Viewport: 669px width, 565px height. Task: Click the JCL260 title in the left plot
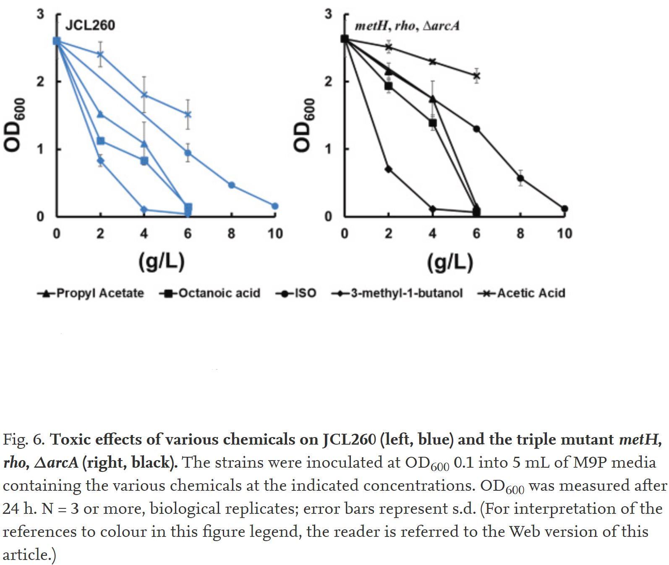coord(90,25)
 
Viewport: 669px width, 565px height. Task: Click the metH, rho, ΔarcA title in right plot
coord(407,26)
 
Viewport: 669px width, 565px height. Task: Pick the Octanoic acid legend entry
coord(210,293)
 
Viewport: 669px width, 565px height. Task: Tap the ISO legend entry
coord(296,293)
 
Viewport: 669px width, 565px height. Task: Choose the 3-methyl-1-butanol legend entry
coord(397,293)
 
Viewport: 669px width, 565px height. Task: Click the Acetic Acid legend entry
coord(522,293)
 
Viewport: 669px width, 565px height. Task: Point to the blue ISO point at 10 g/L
coord(275,206)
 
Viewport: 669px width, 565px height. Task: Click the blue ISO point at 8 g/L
coord(231,185)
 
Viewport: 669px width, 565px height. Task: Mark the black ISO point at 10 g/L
coord(564,208)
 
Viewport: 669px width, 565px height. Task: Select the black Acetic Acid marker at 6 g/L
coord(476,76)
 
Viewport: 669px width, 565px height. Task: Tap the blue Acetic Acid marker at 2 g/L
coord(100,54)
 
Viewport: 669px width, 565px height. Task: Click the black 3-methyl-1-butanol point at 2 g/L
coord(389,169)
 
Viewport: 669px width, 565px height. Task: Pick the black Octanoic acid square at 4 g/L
coord(433,123)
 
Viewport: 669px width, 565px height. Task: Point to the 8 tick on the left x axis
coord(231,233)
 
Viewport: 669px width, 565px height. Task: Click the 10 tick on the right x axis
coord(564,233)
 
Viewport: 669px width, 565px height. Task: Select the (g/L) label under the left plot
coord(162,261)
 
